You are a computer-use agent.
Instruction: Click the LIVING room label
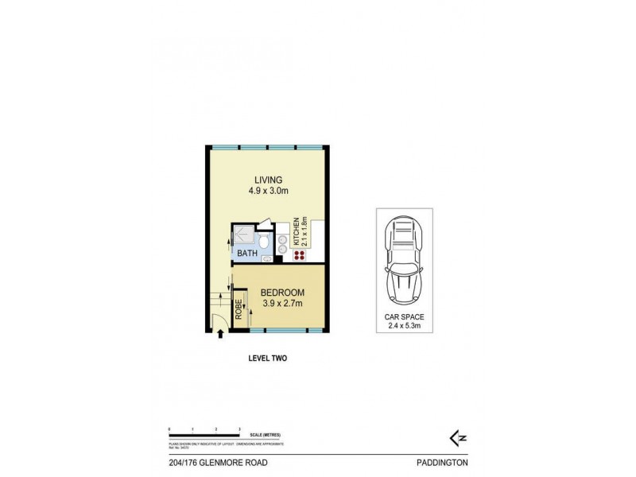coord(268,179)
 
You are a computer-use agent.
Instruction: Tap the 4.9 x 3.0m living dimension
coord(268,191)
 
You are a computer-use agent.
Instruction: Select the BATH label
coord(246,254)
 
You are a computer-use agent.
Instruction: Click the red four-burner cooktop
coord(300,255)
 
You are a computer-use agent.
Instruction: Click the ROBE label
coord(238,308)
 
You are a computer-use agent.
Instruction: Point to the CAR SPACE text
coord(404,316)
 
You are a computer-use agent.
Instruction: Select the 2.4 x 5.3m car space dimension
coord(404,326)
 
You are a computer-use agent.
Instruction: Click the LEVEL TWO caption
coord(268,359)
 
